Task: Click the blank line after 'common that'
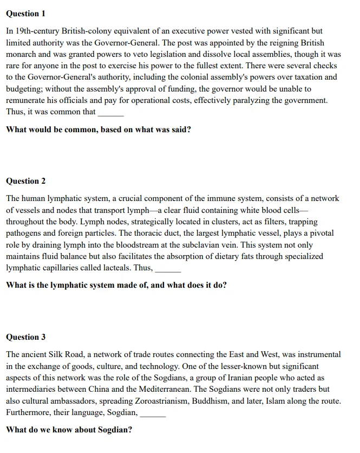110,113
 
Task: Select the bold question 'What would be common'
98,130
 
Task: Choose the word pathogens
25,233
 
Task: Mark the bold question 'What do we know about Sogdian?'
69,430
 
